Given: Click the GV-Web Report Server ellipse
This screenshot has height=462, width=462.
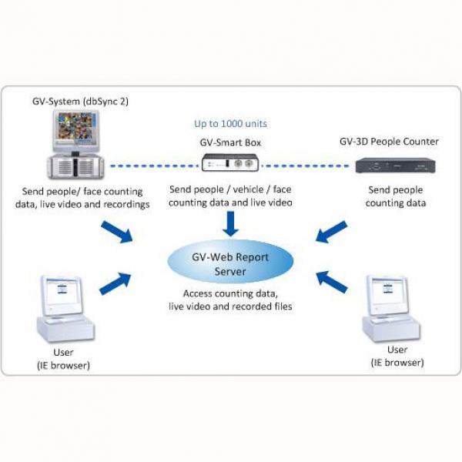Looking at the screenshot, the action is (230, 262).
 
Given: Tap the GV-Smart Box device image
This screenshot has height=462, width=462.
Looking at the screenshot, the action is (230, 162).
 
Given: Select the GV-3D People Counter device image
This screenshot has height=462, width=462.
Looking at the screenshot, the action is (396, 166).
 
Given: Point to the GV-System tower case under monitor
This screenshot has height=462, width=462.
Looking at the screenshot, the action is (75, 167).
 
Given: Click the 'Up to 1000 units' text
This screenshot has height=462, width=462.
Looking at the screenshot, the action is (230, 123).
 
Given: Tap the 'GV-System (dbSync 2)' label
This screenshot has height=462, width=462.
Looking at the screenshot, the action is (80, 102).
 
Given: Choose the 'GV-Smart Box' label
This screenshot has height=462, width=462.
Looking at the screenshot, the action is (230, 142).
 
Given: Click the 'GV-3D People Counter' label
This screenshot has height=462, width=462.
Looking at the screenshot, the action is (389, 142).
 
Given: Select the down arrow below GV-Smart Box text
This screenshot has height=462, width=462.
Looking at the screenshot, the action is (230, 223).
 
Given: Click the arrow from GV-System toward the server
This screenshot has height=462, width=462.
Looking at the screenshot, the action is (117, 233).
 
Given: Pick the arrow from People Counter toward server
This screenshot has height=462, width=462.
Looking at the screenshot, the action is (331, 233).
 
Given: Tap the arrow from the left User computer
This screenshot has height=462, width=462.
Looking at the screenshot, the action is (115, 283).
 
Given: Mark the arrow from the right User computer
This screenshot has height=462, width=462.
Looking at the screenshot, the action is (332, 283).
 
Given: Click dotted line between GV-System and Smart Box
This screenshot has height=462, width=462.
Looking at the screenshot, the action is (154, 166).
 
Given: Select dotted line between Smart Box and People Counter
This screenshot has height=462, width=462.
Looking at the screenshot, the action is (305, 166).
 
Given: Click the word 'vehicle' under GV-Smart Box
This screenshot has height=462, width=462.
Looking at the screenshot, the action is (248, 189).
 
